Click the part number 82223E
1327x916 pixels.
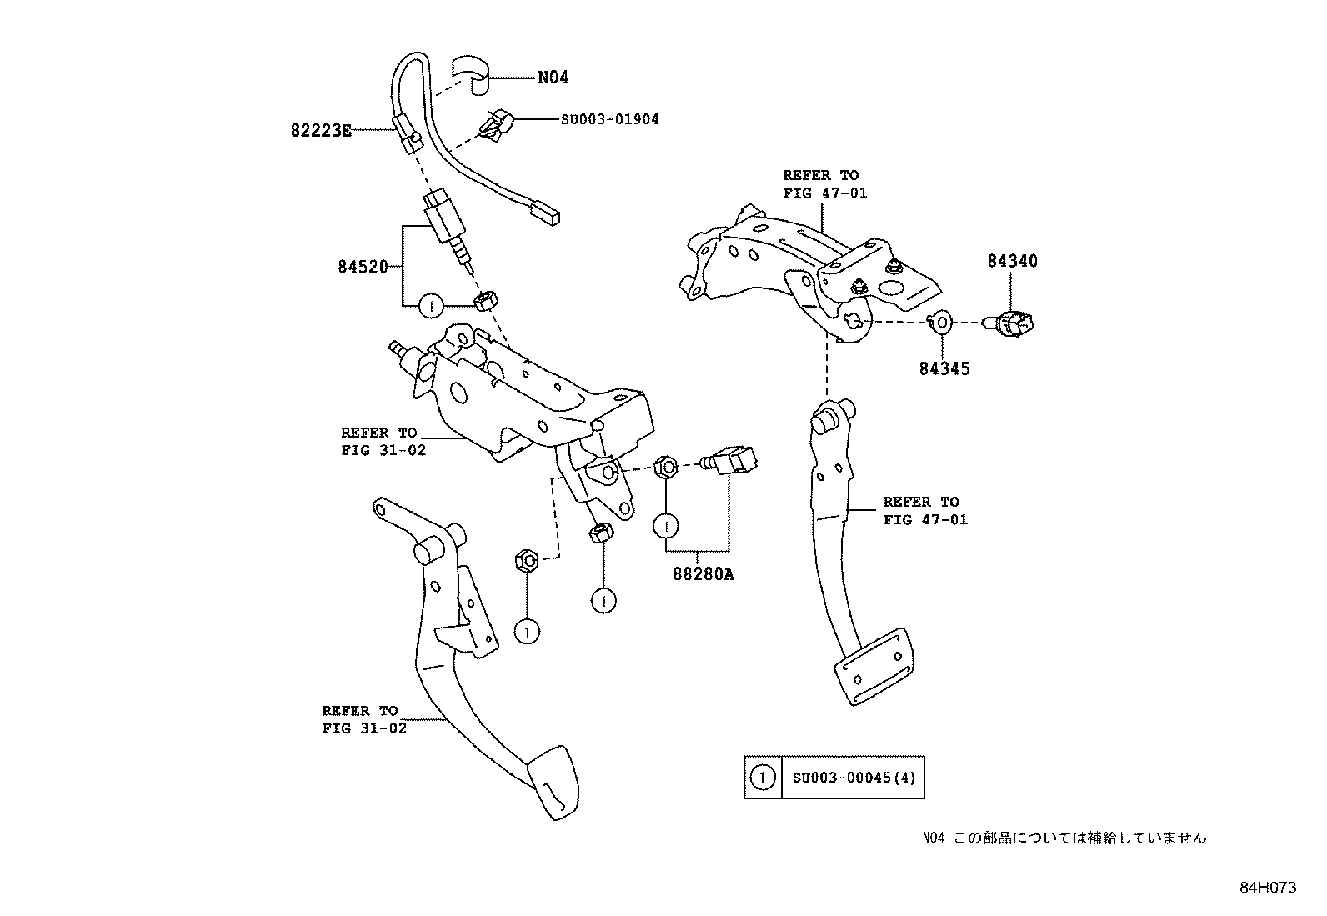point(321,130)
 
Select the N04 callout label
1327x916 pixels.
point(553,78)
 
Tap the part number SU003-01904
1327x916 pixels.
point(609,119)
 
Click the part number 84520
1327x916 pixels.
point(363,267)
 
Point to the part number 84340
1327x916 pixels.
point(1012,261)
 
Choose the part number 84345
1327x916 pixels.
point(944,368)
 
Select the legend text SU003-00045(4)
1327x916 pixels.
point(853,778)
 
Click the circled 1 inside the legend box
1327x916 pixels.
point(763,778)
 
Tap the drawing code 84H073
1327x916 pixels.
point(1267,888)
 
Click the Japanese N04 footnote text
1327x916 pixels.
point(1064,838)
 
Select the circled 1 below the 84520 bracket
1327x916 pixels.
point(430,306)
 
